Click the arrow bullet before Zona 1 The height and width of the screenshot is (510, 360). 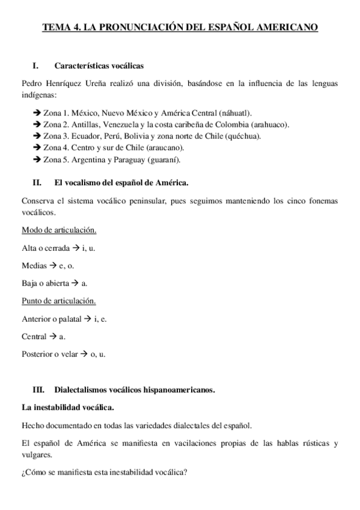38,113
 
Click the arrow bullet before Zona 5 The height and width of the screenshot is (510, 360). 38,160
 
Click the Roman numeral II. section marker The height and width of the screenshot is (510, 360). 37,181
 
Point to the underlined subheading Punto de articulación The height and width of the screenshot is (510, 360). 58,301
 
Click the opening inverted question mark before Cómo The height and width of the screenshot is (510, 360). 23,472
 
